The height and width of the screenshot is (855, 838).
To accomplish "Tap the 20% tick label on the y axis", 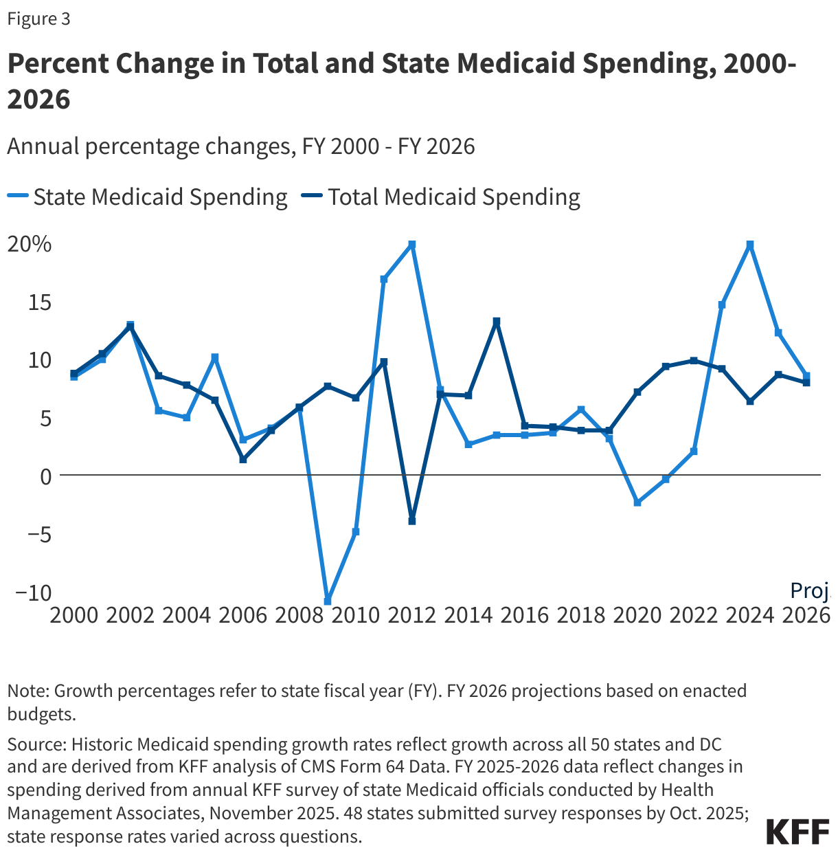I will [29, 244].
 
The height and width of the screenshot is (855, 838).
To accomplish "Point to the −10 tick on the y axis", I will [30, 592].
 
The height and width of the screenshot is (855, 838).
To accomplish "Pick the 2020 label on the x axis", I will [637, 614].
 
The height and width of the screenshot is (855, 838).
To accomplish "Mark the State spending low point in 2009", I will [328, 601].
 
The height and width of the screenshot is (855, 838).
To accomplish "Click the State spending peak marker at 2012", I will [412, 245].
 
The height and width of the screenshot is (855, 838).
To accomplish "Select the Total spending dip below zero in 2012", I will [412, 521].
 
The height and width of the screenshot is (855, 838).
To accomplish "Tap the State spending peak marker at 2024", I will [750, 245].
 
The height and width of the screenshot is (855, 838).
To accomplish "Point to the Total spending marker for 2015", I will [497, 321].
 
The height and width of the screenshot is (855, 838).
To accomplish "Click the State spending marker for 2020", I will [637, 503].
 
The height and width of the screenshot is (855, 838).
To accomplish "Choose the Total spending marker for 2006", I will [243, 459].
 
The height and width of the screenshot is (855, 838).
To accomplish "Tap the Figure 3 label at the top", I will [38, 19].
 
